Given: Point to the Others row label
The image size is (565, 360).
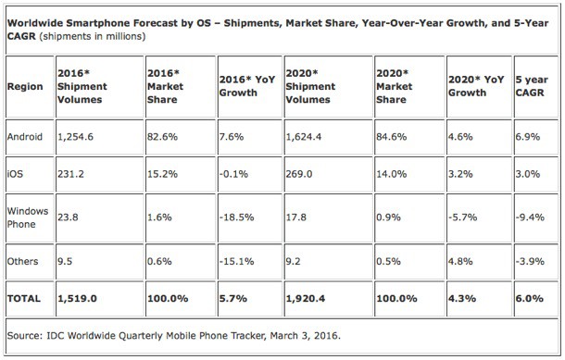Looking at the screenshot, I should (24, 261).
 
